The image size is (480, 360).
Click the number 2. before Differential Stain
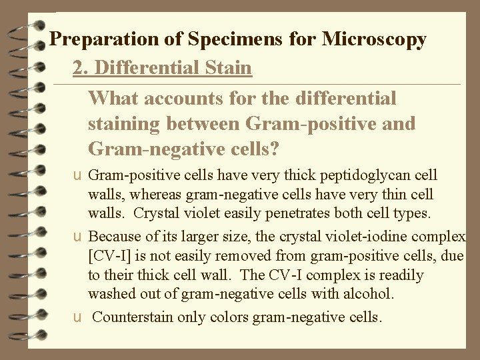81,68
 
